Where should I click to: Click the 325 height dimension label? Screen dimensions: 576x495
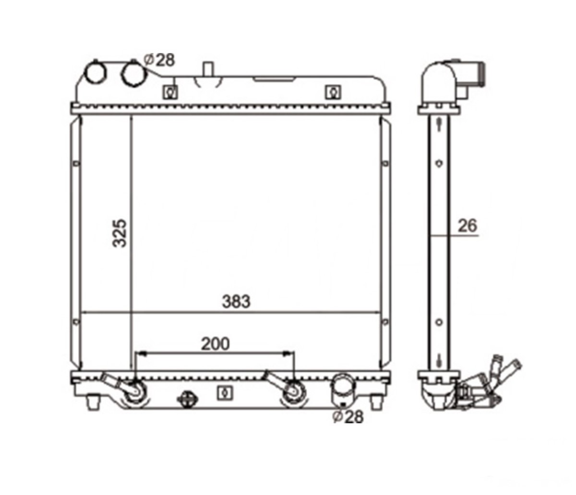[x=120, y=233]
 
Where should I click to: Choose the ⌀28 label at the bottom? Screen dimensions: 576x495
[x=348, y=416]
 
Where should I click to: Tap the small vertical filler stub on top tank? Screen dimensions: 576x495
[x=208, y=70]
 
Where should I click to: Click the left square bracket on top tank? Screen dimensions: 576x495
[x=170, y=92]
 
